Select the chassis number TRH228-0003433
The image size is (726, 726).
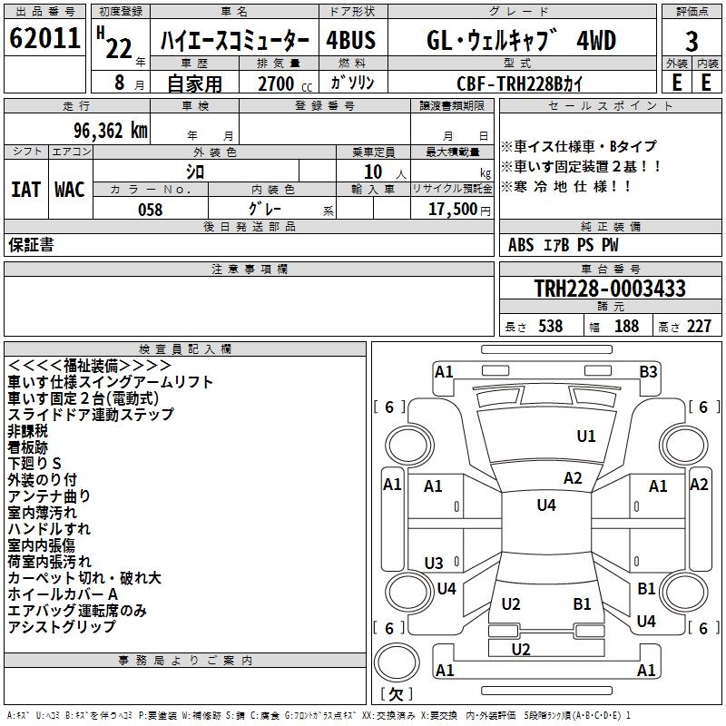coord(610,289)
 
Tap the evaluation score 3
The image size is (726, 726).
coord(692,42)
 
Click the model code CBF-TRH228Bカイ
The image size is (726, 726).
coord(521,83)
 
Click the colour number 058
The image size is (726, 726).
coord(150,210)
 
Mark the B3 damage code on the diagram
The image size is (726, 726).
coord(648,371)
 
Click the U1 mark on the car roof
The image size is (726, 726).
coord(586,437)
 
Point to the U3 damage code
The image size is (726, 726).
coord(434,564)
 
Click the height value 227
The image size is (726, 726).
coord(698,326)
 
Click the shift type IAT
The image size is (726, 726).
coord(26,189)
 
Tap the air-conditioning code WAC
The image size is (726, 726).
coord(69,189)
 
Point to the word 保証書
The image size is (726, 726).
coord(31,244)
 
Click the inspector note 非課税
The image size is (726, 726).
coord(27,430)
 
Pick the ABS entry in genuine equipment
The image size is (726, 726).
coord(521,244)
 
